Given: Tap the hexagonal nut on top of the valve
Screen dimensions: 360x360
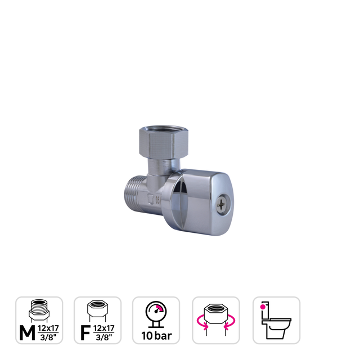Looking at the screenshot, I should point(157,141).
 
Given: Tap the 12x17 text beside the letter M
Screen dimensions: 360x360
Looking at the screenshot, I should point(49,327).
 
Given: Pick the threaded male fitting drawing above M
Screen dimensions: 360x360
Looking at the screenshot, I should point(39,310).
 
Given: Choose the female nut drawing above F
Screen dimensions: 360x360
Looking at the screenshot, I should point(98,309).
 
